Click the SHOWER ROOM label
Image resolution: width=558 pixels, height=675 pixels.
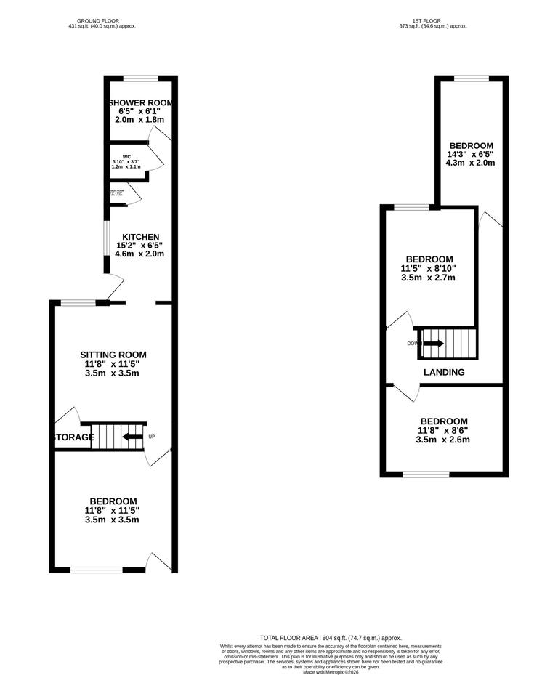(x=139, y=102)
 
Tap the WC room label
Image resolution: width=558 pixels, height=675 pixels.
(x=126, y=157)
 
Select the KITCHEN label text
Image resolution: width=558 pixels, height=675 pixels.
(x=140, y=237)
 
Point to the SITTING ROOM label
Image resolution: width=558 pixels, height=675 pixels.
(x=118, y=355)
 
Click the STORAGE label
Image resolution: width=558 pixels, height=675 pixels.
(x=73, y=437)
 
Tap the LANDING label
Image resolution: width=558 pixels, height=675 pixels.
(x=444, y=372)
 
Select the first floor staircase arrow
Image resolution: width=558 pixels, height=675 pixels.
(x=433, y=343)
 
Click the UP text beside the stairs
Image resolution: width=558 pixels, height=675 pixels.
(x=152, y=437)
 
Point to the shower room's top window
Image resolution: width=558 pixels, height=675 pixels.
(x=140, y=78)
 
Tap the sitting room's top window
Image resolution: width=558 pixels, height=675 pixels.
(x=78, y=302)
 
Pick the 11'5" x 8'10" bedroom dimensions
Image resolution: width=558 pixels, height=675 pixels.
(x=429, y=268)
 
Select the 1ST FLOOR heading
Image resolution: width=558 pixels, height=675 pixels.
(x=433, y=21)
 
